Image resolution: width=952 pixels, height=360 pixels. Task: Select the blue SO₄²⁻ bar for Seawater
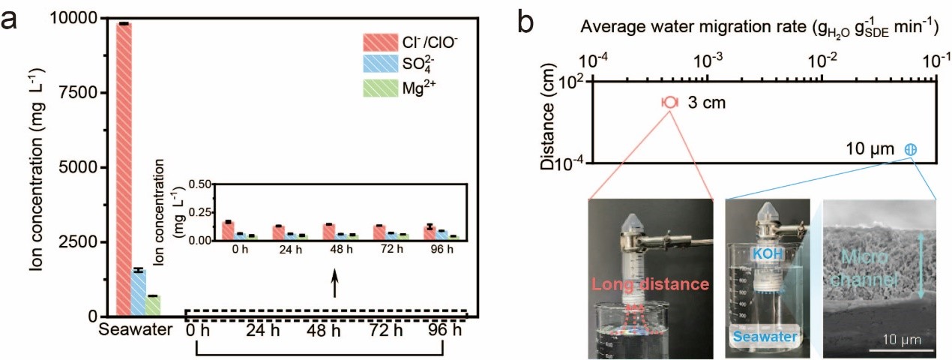point(139,292)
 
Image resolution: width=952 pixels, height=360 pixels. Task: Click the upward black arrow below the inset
point(334,285)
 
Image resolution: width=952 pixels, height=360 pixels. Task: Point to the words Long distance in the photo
point(651,284)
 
